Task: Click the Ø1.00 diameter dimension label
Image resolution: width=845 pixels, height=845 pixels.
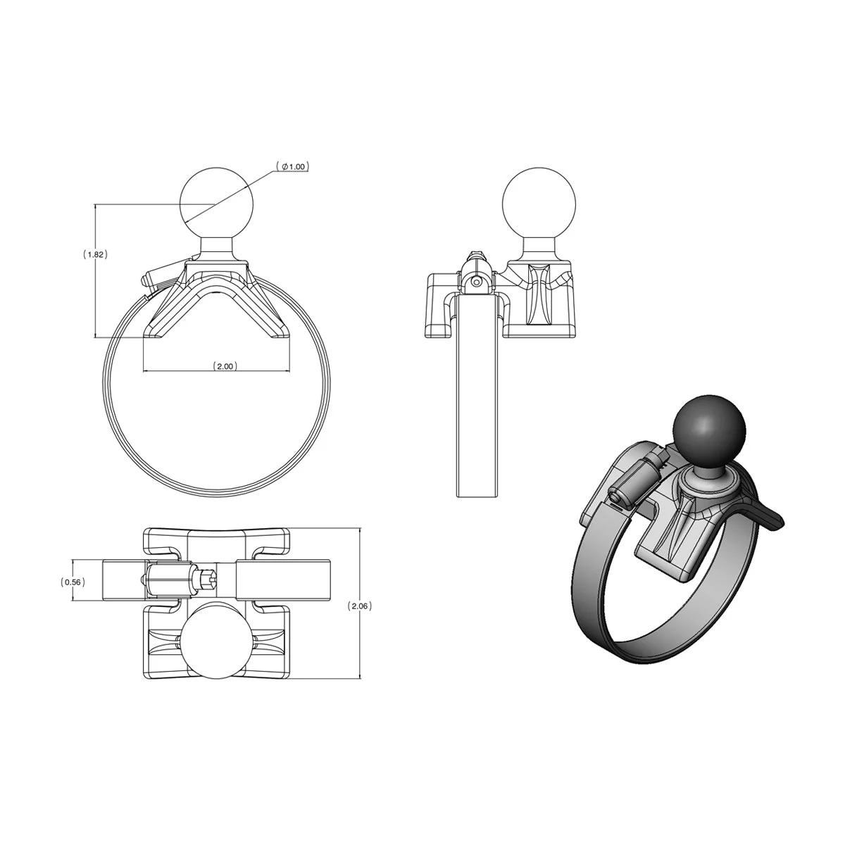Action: pyautogui.click(x=294, y=167)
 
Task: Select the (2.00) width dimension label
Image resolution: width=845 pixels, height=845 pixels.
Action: pyautogui.click(x=225, y=366)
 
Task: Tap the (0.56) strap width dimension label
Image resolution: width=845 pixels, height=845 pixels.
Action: pyautogui.click(x=73, y=582)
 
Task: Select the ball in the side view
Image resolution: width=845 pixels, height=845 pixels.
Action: pyautogui.click(x=539, y=202)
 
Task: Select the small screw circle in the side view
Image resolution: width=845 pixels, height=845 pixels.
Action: pyautogui.click(x=477, y=281)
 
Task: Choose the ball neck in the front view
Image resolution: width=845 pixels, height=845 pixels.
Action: pyautogui.click(x=215, y=246)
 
